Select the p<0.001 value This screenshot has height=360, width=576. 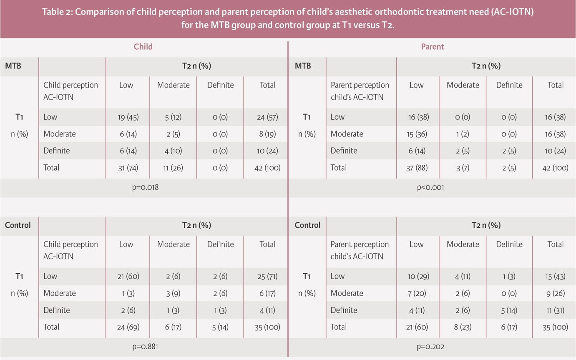coord(430,187)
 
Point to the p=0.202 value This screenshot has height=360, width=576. coord(430,346)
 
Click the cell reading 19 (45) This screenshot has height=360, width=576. coord(128,117)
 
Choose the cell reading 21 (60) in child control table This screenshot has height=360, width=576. coord(128,276)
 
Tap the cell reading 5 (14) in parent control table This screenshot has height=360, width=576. coord(509,310)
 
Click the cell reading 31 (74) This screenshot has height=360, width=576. coord(128,168)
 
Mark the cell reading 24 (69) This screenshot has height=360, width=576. coord(128,327)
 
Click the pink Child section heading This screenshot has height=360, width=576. coord(143,47)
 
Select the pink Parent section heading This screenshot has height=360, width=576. coord(433,47)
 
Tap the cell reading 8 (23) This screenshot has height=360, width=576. coord(463,327)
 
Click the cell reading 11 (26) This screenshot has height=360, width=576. coord(173,168)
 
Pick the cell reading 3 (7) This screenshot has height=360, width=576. coord(463,168)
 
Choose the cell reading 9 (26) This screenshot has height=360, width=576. coord(555,293)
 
